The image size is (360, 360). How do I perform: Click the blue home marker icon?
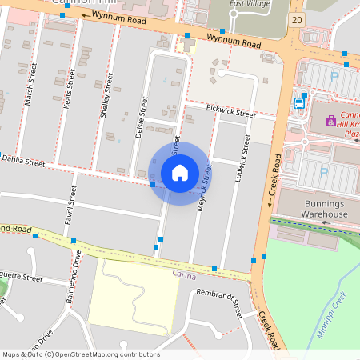point(180,172)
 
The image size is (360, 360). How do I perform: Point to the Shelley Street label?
point(109,101)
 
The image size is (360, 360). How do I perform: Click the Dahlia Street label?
point(25,162)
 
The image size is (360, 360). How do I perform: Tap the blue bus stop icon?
point(300,102)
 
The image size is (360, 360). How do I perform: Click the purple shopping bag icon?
point(330,121)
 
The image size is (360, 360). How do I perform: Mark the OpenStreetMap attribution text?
point(80,354)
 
